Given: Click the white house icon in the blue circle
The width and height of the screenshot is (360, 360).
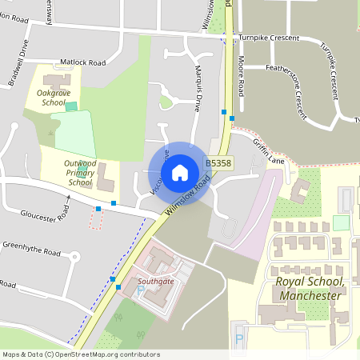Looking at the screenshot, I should pos(180,171).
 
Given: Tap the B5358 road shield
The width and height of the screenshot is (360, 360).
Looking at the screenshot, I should pos(218,162).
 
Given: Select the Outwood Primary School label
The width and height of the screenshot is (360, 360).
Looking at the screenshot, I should pos(80,172).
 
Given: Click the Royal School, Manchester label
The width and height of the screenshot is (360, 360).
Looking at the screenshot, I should pos(309,289).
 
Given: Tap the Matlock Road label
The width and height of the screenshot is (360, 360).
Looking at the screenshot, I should pos(82,61).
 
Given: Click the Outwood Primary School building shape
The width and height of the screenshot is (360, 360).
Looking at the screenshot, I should pos(105,181).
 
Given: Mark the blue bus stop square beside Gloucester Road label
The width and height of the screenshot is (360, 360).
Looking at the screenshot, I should pos(98,208).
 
